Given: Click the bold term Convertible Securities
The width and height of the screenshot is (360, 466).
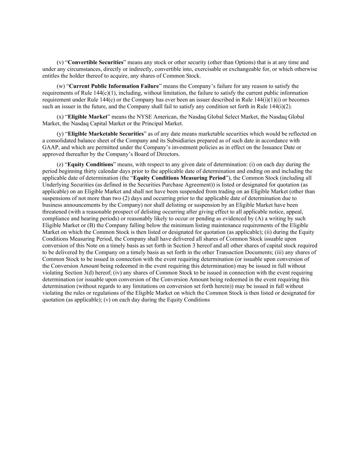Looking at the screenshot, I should (x=96, y=62).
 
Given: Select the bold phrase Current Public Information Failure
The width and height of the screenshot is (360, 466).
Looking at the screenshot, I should (x=114, y=86).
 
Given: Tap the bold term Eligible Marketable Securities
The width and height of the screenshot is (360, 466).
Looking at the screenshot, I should (x=106, y=134).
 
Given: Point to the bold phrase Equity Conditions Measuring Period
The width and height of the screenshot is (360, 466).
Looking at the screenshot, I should (x=179, y=178).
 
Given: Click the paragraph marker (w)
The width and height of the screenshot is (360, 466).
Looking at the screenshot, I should (x=60, y=86).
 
